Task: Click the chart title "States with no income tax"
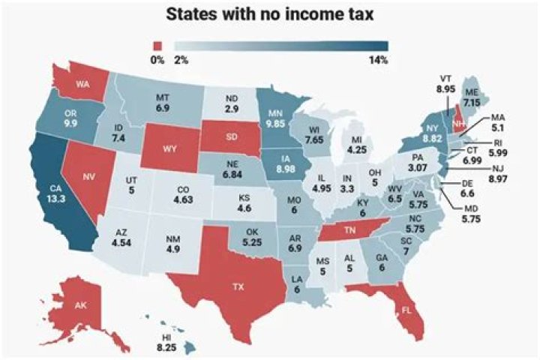click(269, 14)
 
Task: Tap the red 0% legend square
click(157, 44)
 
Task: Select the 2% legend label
click(181, 59)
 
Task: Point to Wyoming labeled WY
click(169, 148)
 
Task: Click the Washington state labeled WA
click(79, 82)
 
